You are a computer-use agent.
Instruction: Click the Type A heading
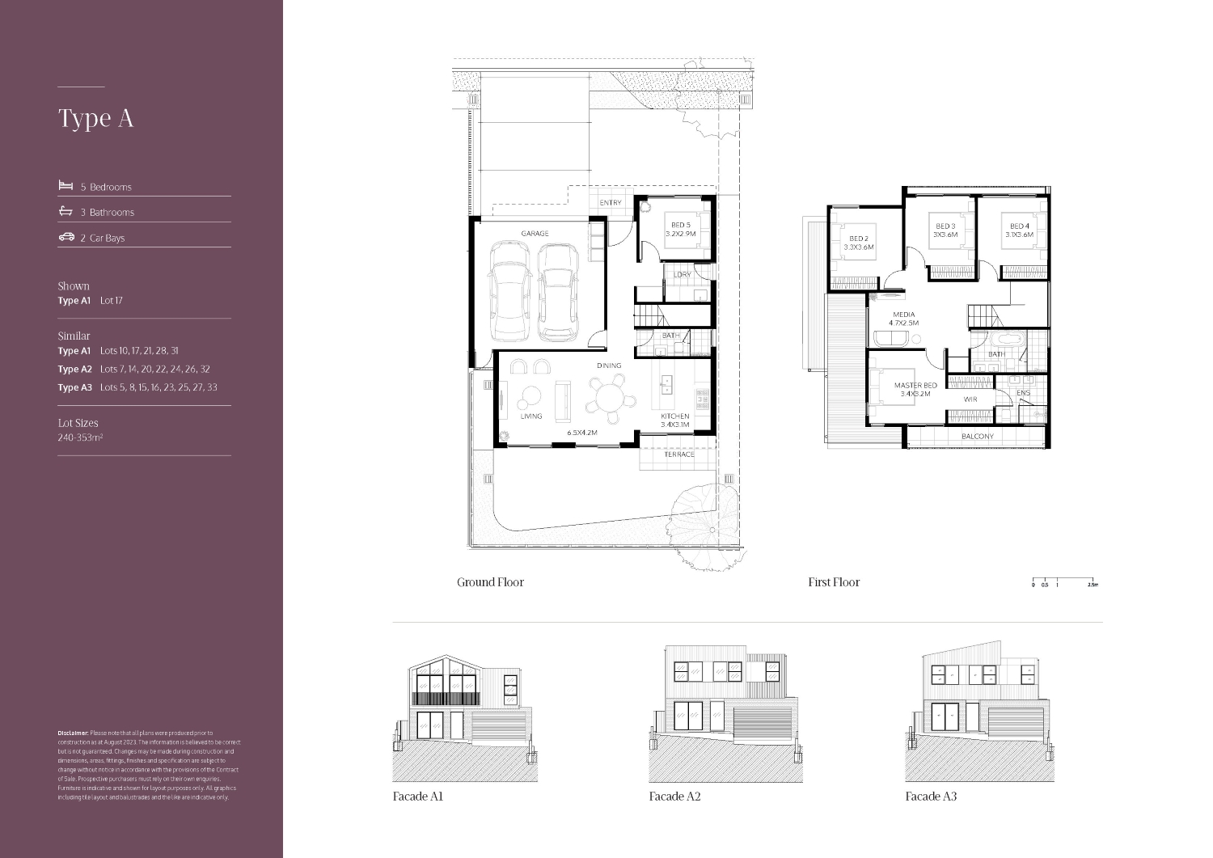coord(95,118)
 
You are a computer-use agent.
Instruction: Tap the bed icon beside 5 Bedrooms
coord(66,186)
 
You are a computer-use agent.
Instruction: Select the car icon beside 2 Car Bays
coord(66,237)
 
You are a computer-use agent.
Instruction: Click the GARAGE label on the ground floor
coord(535,234)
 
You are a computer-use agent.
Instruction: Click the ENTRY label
coord(611,203)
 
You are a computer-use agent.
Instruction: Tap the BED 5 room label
coord(680,226)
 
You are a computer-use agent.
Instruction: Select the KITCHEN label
coord(674,416)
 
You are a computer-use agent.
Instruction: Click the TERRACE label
coord(679,454)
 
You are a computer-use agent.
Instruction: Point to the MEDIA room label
coord(903,315)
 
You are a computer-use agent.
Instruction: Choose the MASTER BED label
coord(915,386)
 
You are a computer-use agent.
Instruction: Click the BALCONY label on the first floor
coord(977,437)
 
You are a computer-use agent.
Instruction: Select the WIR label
coord(970,399)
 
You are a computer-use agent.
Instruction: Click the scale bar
coord(1063,580)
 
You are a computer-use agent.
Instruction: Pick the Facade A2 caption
coord(674,797)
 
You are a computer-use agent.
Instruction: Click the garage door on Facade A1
coord(498,727)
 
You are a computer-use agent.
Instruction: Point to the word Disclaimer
coord(73,733)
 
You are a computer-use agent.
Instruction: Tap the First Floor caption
coord(834,582)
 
